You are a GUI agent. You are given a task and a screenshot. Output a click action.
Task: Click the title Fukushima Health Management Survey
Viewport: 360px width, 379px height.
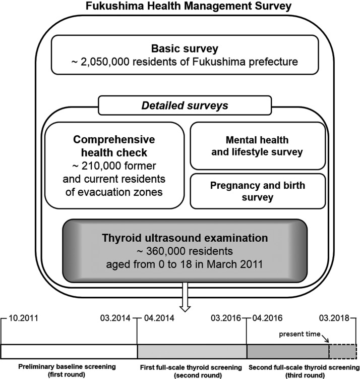[x=179, y=7]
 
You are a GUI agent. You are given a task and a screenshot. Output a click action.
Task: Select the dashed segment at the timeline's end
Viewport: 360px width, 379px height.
[x=342, y=351]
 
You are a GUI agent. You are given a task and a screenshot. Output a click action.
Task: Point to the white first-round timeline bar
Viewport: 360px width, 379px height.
[x=69, y=351]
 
